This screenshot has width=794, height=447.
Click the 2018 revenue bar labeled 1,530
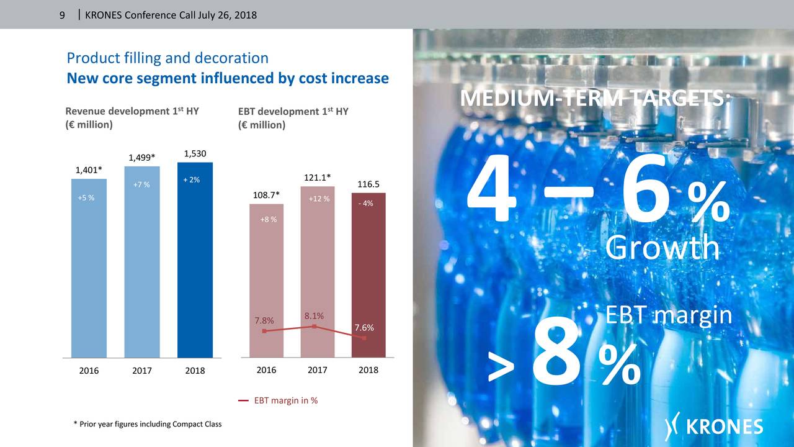tap(195, 261)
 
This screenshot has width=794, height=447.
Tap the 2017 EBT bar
tap(317, 267)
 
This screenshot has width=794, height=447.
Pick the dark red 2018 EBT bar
tap(368, 273)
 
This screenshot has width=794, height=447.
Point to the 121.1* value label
tap(318, 178)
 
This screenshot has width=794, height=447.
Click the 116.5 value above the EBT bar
tap(368, 184)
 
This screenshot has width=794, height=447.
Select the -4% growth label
tap(365, 204)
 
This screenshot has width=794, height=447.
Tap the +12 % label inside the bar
tap(318, 199)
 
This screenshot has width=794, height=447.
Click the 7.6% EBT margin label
tap(364, 327)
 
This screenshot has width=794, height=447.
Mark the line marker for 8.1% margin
tap(315, 326)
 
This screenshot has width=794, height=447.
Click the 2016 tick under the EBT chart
tap(266, 370)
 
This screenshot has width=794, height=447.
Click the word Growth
tap(662, 249)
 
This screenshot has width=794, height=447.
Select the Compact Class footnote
tap(147, 424)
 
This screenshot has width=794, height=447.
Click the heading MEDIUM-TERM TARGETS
tap(595, 99)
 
